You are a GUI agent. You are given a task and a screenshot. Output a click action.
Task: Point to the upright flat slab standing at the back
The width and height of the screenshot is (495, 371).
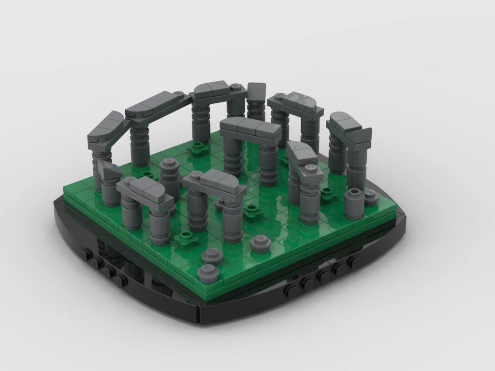256,94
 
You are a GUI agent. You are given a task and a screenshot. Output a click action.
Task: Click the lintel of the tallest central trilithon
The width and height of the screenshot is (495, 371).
250,128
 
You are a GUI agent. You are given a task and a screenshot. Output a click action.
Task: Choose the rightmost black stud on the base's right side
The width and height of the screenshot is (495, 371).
354,261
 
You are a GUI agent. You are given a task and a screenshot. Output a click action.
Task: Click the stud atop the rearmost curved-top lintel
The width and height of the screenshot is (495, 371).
235,87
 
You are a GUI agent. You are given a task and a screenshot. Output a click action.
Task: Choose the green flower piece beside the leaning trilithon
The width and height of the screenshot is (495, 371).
327,191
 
